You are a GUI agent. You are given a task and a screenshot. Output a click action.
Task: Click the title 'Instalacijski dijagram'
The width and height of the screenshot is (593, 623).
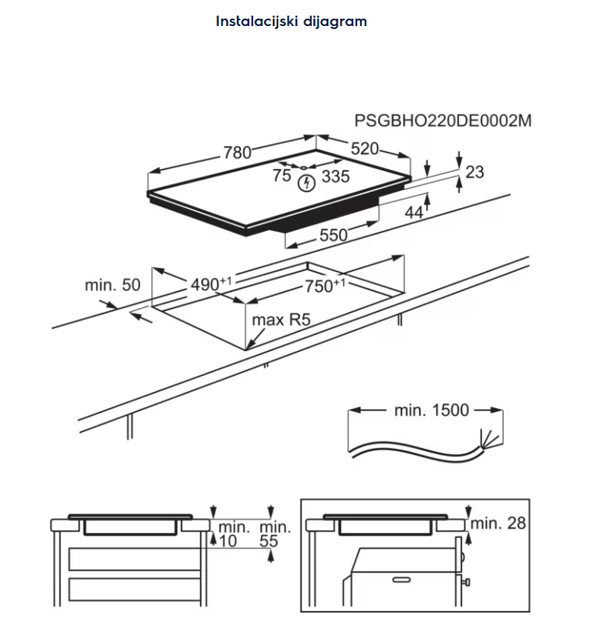tap(291, 21)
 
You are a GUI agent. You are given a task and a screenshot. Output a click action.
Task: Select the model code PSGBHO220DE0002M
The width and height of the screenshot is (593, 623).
tap(443, 121)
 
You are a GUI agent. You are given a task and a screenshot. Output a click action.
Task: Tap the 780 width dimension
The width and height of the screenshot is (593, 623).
tap(237, 153)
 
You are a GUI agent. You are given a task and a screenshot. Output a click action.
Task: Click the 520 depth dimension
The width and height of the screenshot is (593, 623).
tap(365, 148)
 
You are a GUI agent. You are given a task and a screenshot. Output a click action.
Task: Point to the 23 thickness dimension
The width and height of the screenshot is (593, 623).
tap(474, 172)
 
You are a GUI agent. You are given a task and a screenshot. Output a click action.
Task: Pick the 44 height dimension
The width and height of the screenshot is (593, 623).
tap(414, 212)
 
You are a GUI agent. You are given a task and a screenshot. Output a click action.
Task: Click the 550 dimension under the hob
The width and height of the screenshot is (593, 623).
tap(333, 235)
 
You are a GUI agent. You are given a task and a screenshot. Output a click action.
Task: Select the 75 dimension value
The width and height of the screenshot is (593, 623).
tap(282, 176)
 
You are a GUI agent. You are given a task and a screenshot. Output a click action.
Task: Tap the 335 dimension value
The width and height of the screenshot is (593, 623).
tap(336, 176)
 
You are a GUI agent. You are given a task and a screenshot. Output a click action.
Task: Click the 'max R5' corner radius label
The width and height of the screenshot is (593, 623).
tap(280, 320)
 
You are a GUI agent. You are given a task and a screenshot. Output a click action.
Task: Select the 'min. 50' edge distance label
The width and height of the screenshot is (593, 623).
tap(112, 284)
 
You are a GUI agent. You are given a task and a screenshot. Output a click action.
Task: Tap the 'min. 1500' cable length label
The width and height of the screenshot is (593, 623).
tap(431, 409)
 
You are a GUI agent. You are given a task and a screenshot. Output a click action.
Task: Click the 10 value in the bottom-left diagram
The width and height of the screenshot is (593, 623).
tap(228, 542)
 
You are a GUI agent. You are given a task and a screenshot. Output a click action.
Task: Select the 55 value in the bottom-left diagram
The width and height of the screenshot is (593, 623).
tap(269, 542)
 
